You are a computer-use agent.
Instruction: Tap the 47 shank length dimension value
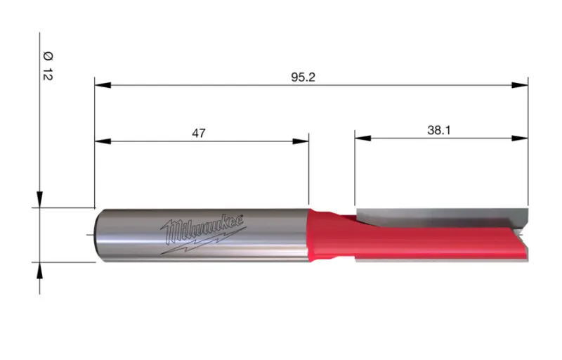(x=199, y=133)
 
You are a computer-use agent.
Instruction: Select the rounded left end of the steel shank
(x=98, y=235)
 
